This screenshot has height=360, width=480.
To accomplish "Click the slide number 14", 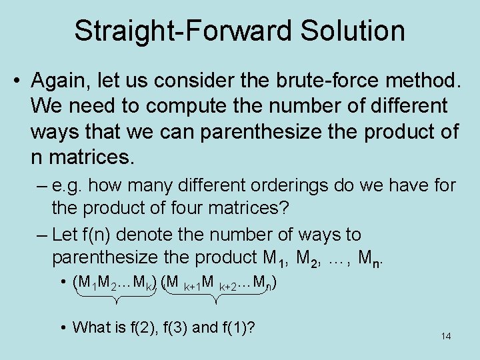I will point(446,337).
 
